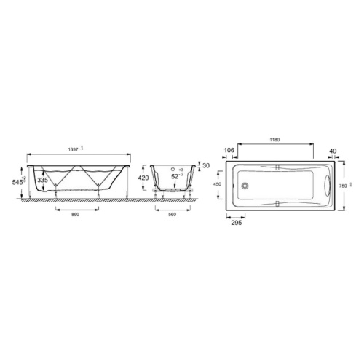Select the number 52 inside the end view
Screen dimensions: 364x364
tap(174, 177)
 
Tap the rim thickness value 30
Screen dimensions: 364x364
tap(206, 166)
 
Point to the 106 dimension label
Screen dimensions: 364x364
tap(230, 151)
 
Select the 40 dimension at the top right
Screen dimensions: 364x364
tap(333, 151)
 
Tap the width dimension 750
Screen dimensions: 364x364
tap(343, 186)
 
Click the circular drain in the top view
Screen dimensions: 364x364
tap(246, 185)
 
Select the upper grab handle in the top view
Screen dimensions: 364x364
tap(277, 168)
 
